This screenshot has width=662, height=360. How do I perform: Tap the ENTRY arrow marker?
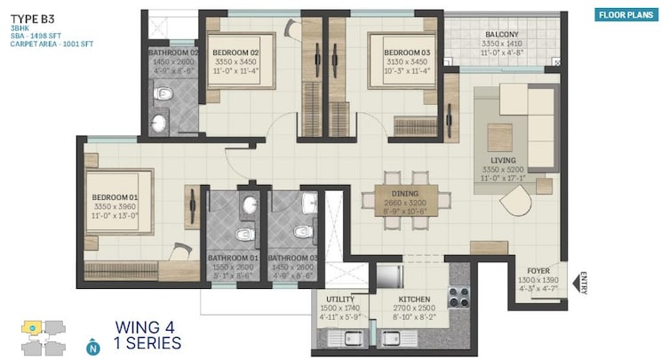coord(582,284)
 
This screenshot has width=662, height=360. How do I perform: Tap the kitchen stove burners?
coord(459,297)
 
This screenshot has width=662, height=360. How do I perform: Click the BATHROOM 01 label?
coord(233,259)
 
